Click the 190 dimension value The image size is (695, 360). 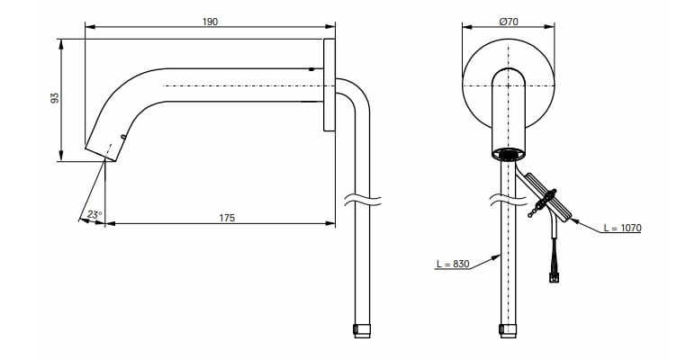(210, 21)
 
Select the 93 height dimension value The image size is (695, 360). (54, 98)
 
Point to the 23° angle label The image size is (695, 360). (93, 214)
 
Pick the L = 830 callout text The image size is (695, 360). (452, 264)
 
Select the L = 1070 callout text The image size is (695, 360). (622, 228)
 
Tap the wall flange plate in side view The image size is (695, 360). (329, 85)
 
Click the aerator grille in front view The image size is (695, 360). (509, 154)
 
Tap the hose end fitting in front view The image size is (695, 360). (509, 328)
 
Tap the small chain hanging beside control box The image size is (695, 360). (537, 211)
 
